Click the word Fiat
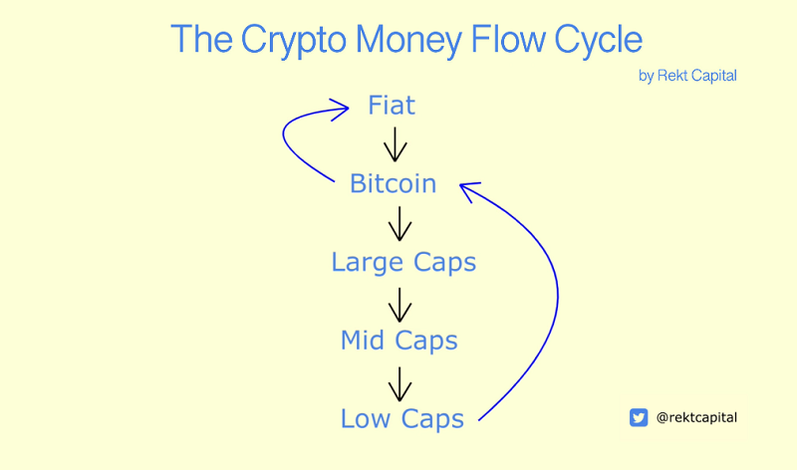coord(392,106)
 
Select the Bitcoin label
coord(393,183)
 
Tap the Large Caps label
coord(403,263)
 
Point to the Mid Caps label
coord(399,341)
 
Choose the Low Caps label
coord(402,419)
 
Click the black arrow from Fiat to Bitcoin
coord(395,144)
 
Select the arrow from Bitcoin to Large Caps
coord(400,224)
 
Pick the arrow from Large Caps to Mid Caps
coord(400,305)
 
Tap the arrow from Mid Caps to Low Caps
coord(400,384)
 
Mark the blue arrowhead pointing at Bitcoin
coord(468,189)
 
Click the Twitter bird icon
coord(639,417)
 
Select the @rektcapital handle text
coord(696,417)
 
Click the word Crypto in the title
coord(293,41)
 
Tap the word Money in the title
coord(408,41)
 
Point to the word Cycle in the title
coord(599,41)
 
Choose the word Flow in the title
coord(508,39)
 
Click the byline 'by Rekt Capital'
coord(687,76)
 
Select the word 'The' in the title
coord(202,39)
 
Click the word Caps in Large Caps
coord(444,263)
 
